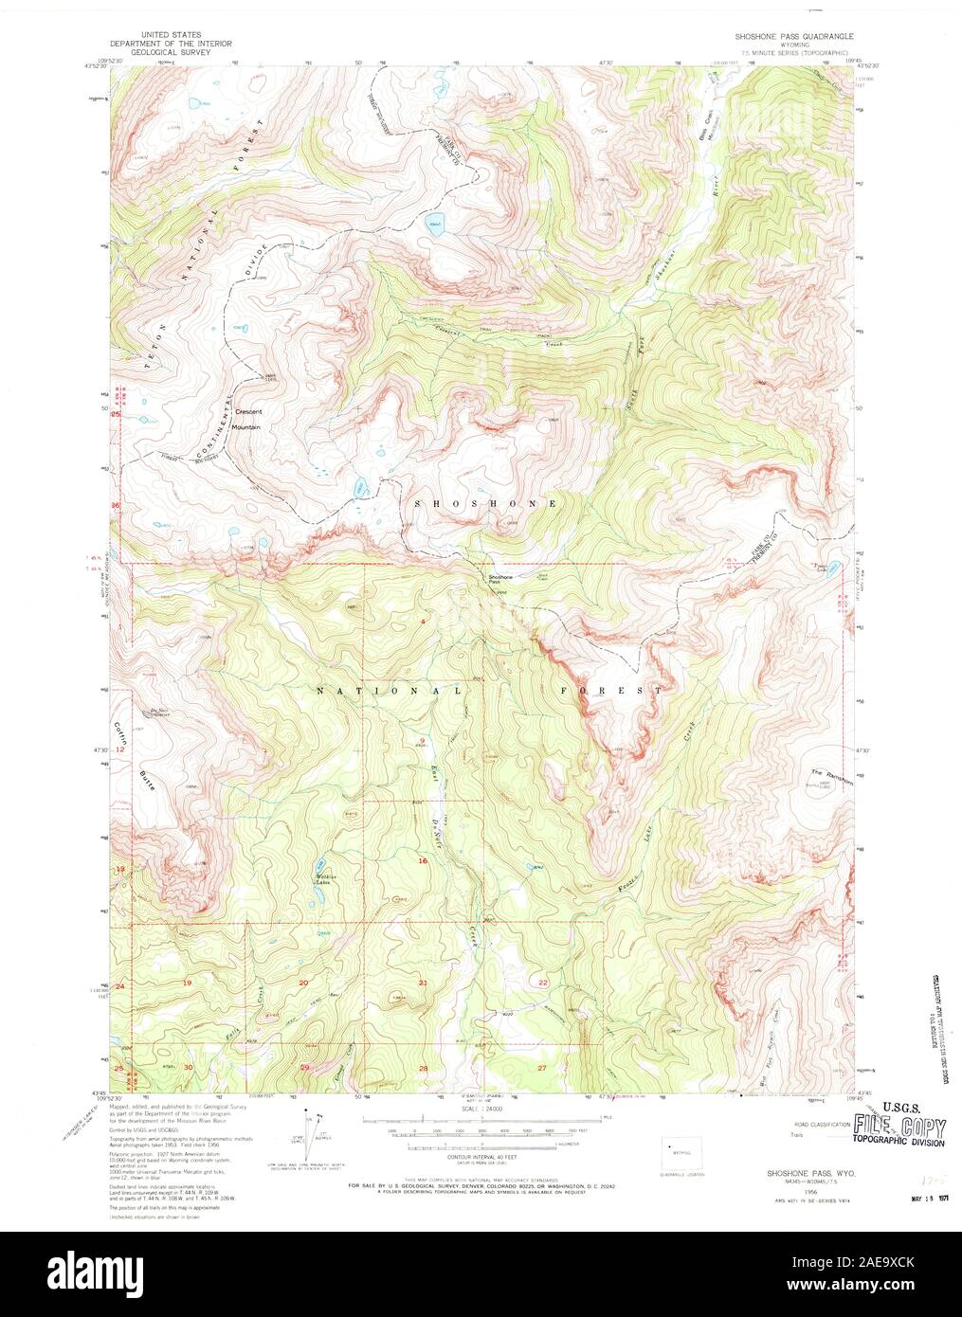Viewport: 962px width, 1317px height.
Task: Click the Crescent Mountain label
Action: (248, 420)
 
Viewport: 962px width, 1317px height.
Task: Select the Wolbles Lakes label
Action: (326, 878)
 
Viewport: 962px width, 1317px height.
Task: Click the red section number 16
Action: (423, 860)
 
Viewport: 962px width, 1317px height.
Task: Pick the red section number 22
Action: (543, 983)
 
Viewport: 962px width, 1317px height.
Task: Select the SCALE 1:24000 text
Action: (482, 1108)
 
